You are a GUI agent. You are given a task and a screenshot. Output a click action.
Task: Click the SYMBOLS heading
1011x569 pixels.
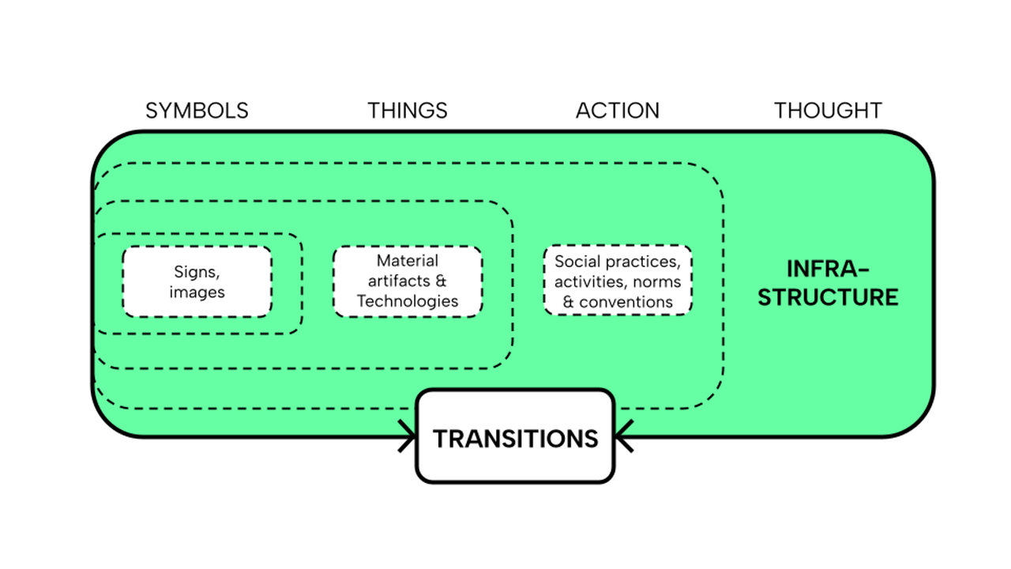pyautogui.click(x=197, y=111)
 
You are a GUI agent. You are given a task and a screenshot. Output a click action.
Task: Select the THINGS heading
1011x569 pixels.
pyautogui.click(x=407, y=111)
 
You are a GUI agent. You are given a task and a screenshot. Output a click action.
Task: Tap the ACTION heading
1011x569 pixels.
pyautogui.click(x=617, y=111)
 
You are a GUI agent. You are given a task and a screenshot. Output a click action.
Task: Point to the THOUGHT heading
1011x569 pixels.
pyautogui.click(x=828, y=111)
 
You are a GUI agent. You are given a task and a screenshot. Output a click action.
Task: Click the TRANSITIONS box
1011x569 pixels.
pyautogui.click(x=515, y=437)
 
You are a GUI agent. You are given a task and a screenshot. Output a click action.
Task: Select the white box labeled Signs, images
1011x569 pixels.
pyautogui.click(x=197, y=281)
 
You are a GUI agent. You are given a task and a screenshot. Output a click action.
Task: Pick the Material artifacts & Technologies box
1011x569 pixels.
pyautogui.click(x=407, y=281)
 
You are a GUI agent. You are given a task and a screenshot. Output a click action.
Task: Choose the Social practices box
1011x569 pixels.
pyautogui.click(x=618, y=281)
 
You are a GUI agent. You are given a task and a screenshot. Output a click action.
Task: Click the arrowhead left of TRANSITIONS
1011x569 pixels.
pyautogui.click(x=408, y=435)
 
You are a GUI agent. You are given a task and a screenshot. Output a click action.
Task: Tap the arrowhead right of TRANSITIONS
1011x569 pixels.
pyautogui.click(x=623, y=435)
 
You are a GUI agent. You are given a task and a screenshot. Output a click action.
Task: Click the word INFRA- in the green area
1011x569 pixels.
pyautogui.click(x=828, y=269)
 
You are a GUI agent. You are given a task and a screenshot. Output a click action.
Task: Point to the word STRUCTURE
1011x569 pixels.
pyautogui.click(x=828, y=297)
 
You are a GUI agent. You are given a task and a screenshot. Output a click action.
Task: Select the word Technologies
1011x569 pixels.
pyautogui.click(x=407, y=301)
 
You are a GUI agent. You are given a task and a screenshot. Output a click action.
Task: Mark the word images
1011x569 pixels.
pyautogui.click(x=197, y=292)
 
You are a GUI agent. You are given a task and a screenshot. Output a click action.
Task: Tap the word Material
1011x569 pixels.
pyautogui.click(x=407, y=260)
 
